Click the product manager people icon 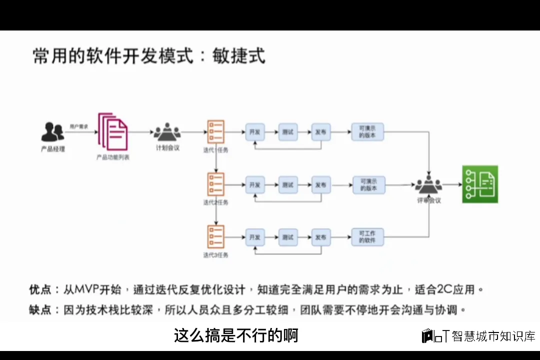pos(52,132)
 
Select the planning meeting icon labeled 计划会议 pos(167,132)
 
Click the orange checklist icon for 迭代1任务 pos(216,132)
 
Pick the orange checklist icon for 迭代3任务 pos(216,237)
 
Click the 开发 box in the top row pos(254,132)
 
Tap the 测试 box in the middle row pos(287,185)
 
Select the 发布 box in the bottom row pos(320,237)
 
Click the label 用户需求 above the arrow pos(78,126)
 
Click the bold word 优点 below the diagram pos(40,289)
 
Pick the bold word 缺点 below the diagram pos(40,310)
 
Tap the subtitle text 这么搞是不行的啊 pos(236,335)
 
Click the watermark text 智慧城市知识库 pos(493,336)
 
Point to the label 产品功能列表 pos(113,157)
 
